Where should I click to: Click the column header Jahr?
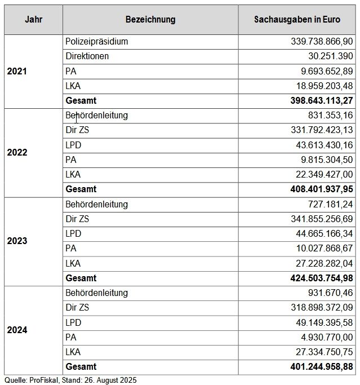(x=33, y=20)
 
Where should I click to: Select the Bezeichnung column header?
(x=150, y=20)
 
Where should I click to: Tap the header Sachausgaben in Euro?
(x=297, y=20)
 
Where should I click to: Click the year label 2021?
(x=17, y=72)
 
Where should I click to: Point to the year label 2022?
(x=17, y=153)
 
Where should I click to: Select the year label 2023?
(x=17, y=241)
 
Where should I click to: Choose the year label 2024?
(x=17, y=330)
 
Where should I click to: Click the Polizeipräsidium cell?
(x=96, y=42)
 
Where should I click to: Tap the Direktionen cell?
(x=87, y=56)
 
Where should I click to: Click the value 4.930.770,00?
(x=325, y=338)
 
